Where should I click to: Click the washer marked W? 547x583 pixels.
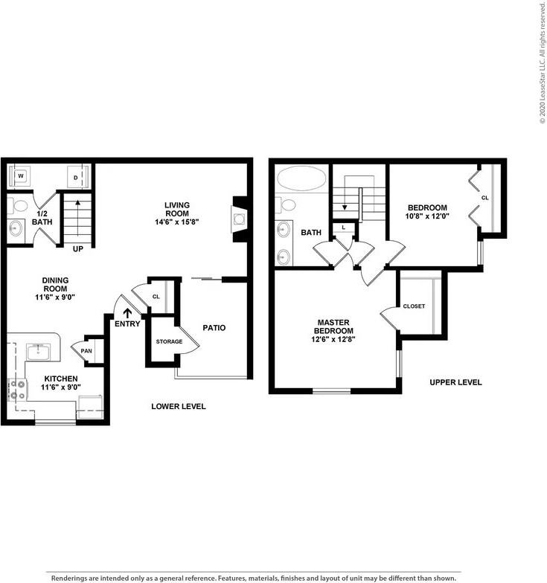pyautogui.click(x=21, y=175)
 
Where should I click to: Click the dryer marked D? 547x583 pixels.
pyautogui.click(x=76, y=177)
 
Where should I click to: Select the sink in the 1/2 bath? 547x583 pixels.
pyautogui.click(x=16, y=228)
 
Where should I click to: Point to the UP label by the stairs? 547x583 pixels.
pyautogui.click(x=77, y=248)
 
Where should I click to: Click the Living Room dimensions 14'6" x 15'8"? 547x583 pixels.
pyautogui.click(x=177, y=222)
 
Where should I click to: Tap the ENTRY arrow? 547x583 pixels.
pyautogui.click(x=127, y=313)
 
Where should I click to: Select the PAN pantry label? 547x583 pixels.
pyautogui.click(x=86, y=351)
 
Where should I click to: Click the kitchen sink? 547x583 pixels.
pyautogui.click(x=39, y=351)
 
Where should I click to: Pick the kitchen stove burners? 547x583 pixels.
pyautogui.click(x=17, y=390)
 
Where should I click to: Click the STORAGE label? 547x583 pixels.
pyautogui.click(x=170, y=341)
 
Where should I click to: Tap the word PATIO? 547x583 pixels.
pyautogui.click(x=214, y=327)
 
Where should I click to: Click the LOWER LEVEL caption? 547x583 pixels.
pyautogui.click(x=179, y=406)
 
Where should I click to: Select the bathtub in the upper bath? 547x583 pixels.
pyautogui.click(x=301, y=178)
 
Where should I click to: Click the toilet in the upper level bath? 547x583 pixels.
pyautogui.click(x=286, y=204)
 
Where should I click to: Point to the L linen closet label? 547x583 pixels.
pyautogui.click(x=343, y=228)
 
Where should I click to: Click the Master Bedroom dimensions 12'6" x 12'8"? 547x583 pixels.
pyautogui.click(x=333, y=339)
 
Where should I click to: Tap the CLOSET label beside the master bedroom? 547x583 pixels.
pyautogui.click(x=414, y=306)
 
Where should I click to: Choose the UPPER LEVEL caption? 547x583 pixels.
pyautogui.click(x=455, y=382)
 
